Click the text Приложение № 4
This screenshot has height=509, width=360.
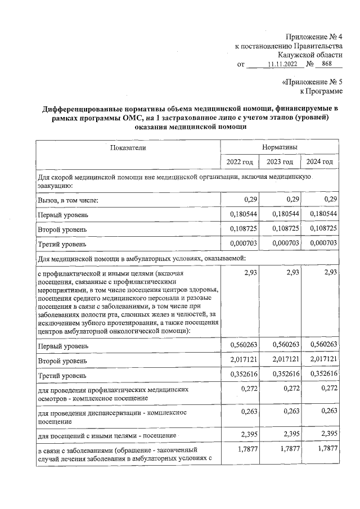[x=313, y=37]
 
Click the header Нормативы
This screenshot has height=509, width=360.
[x=280, y=147]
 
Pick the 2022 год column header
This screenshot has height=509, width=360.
[x=239, y=162]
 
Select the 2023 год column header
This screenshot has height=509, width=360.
[x=280, y=162]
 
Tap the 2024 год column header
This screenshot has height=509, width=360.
[x=319, y=162]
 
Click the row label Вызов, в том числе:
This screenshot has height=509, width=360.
[x=68, y=200]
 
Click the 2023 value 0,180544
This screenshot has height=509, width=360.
[x=284, y=215]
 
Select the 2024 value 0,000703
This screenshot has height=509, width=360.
[x=323, y=244]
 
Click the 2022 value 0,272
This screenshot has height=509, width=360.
[x=249, y=389]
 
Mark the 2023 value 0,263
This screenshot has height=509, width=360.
[x=289, y=412]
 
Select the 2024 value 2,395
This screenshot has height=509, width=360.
[x=328, y=434]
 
